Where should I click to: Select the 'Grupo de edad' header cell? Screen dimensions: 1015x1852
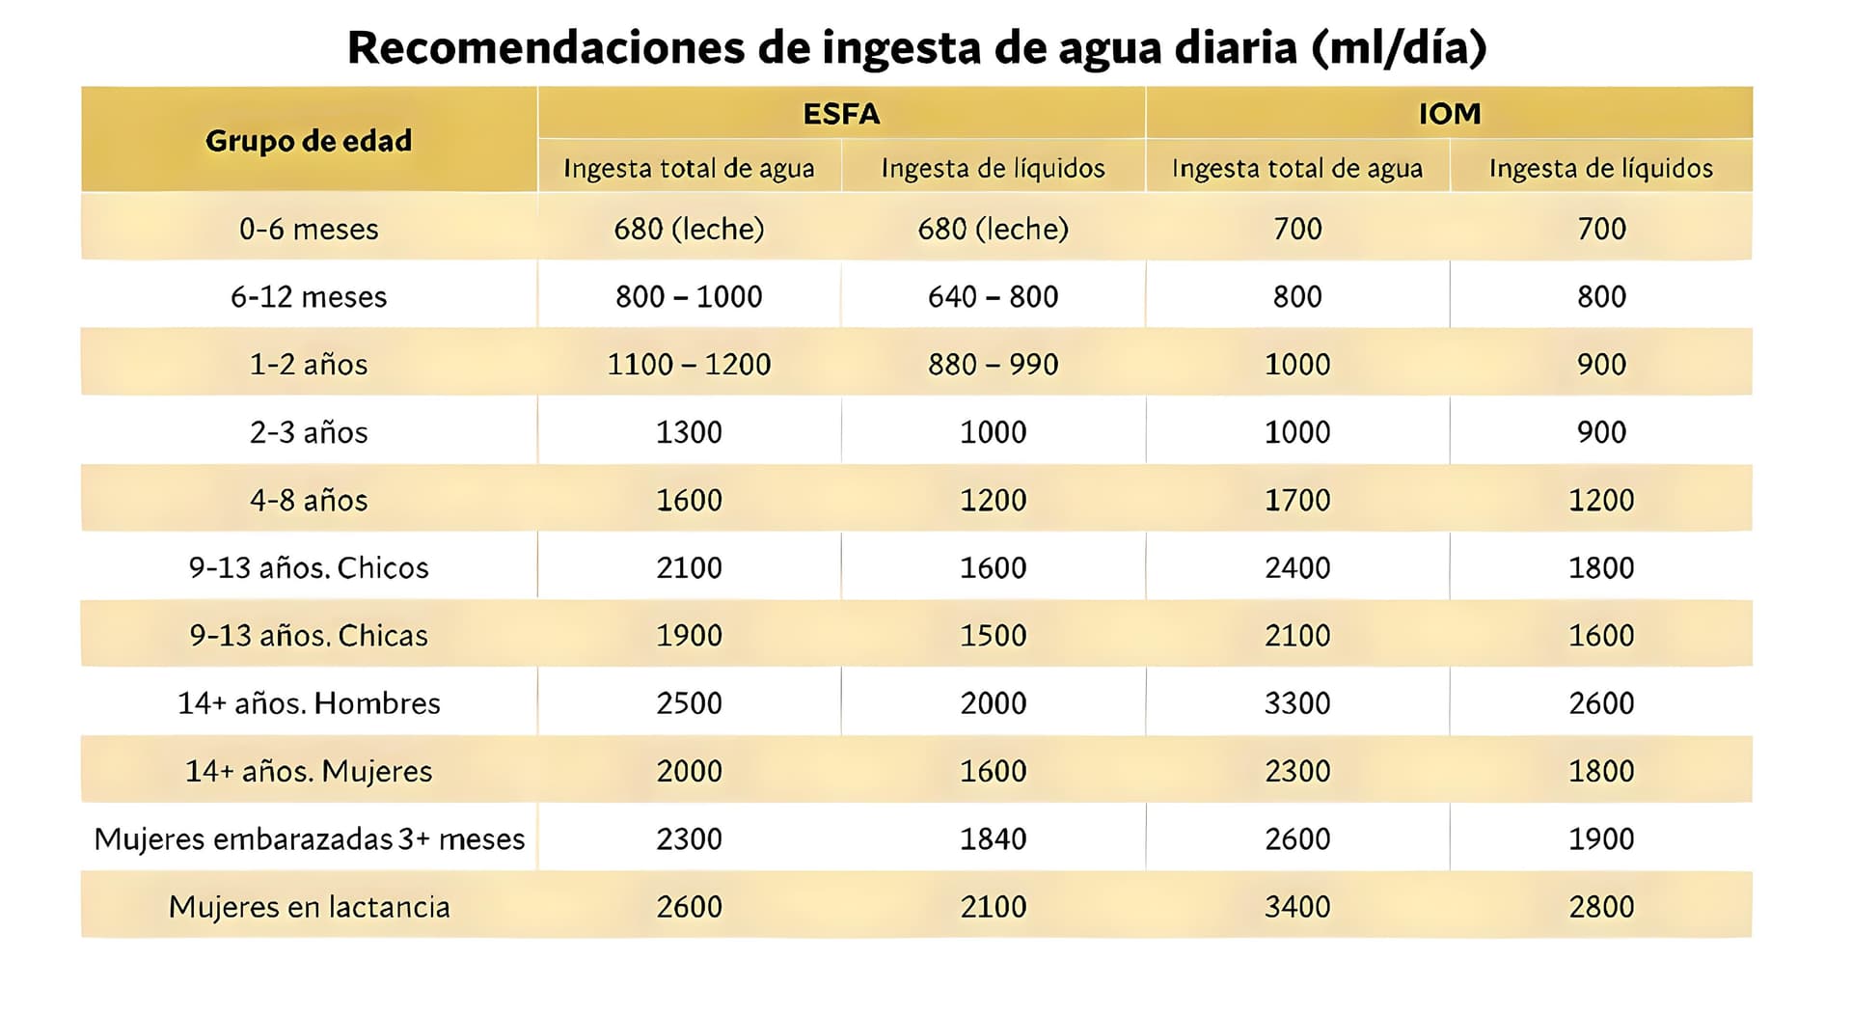(309, 141)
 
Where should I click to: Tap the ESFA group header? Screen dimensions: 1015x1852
(841, 114)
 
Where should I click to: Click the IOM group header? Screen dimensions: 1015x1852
(1449, 114)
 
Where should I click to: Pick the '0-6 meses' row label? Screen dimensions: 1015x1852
(309, 230)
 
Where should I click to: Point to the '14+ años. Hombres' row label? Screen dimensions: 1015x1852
(309, 703)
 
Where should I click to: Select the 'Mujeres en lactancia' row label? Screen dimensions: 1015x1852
(309, 907)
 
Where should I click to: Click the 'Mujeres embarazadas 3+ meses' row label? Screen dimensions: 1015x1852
(309, 839)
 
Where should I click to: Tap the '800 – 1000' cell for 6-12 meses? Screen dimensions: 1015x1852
(689, 297)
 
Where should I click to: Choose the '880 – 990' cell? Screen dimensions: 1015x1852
(993, 365)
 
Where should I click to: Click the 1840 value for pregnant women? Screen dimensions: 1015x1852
(993, 839)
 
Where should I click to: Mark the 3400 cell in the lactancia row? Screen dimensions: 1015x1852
(1297, 907)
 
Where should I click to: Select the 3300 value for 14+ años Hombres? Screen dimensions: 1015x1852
(1297, 703)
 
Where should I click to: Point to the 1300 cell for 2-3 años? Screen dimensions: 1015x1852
(689, 432)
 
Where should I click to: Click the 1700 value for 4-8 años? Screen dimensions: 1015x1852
(1297, 500)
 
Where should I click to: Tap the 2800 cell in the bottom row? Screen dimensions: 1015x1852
(1601, 907)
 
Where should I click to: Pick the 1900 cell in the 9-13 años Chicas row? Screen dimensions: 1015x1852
(689, 636)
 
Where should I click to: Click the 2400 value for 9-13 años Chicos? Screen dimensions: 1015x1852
(1297, 567)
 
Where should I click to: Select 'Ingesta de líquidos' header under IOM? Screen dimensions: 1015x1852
(1601, 169)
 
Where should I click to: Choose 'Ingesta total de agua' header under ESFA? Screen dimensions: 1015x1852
(689, 169)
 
